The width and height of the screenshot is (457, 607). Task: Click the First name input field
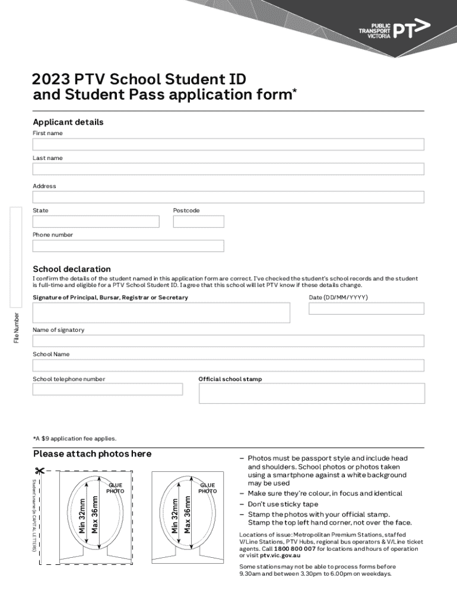point(228,145)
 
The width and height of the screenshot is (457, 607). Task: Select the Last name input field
point(228,169)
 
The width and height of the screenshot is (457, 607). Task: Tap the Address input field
point(228,197)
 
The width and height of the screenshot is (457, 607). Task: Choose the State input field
point(96,222)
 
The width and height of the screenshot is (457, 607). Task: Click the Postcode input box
point(198,222)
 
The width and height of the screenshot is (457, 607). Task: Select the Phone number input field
point(128,246)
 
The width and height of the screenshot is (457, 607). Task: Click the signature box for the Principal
point(161,313)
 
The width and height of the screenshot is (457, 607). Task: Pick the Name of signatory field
point(228,341)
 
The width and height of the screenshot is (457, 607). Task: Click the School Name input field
point(228,365)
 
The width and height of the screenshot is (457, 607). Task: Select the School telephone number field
point(107,389)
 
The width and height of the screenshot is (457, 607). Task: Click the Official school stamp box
point(312,393)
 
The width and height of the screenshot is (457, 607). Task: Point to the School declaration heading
point(72,269)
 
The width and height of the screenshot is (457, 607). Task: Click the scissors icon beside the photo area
point(40,472)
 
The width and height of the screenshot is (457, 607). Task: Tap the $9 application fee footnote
point(75,439)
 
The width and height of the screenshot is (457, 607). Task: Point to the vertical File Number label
point(17,328)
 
